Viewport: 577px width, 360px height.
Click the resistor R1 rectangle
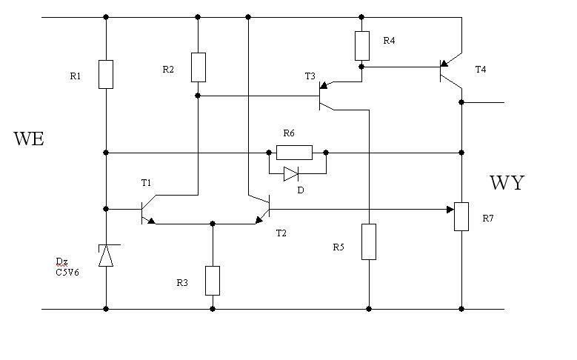(106, 74)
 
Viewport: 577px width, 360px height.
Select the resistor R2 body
(198, 67)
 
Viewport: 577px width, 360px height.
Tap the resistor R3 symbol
(213, 281)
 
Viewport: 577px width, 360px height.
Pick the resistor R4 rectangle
(361, 46)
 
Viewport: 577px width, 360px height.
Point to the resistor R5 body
(369, 241)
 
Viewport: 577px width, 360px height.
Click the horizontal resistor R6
(294, 153)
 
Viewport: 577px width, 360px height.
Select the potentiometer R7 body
(461, 216)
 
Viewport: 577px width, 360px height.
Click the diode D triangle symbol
(290, 174)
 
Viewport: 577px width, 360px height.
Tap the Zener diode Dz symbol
(106, 255)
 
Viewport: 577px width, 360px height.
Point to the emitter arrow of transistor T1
(151, 221)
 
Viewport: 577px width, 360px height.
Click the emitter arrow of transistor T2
(259, 219)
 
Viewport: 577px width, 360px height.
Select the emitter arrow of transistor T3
(324, 85)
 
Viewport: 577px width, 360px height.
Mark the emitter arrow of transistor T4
(444, 63)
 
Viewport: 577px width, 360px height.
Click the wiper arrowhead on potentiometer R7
(450, 210)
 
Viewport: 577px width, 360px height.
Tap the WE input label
(29, 139)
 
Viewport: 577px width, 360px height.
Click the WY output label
(507, 182)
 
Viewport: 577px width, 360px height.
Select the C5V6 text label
(67, 273)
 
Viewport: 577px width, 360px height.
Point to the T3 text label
(310, 76)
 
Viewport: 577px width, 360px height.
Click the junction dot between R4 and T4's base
(361, 67)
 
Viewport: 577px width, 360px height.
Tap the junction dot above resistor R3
(213, 224)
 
